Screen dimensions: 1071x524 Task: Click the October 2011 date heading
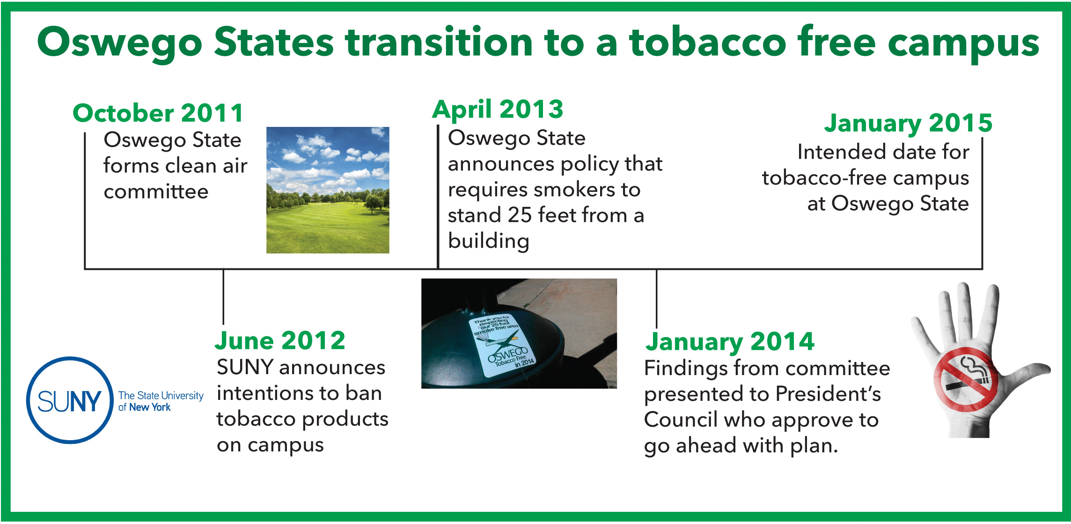[158, 113]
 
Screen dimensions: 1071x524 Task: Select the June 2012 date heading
[280, 340]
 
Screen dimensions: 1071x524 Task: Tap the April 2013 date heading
[498, 110]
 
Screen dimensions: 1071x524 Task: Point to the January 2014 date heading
[730, 342]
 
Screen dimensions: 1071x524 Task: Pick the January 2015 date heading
[908, 124]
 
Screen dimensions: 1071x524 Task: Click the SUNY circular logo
[70, 400]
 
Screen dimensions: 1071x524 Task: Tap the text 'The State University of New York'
[161, 401]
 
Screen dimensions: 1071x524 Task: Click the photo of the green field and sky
[328, 190]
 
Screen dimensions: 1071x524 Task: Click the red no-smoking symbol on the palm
[966, 379]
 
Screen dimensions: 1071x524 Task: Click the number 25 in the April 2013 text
[520, 215]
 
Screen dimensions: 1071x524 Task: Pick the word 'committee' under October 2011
[156, 192]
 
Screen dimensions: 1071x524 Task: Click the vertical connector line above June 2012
[223, 296]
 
